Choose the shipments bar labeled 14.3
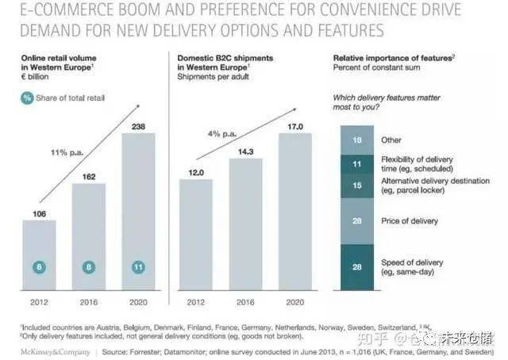[x=246, y=222]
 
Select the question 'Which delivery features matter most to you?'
[x=380, y=103]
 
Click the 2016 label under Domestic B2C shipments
[x=246, y=301]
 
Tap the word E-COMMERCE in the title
[x=56, y=12]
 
